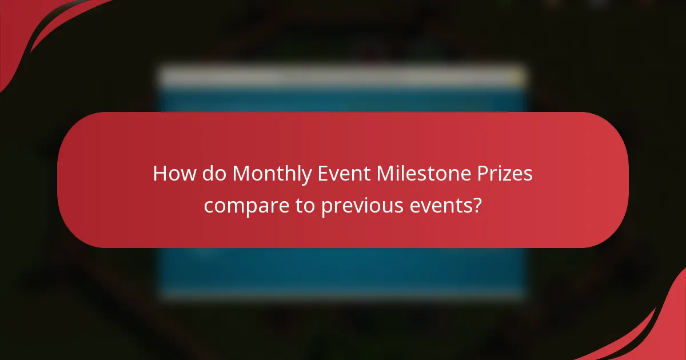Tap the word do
[x=215, y=174]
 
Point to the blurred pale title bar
[x=343, y=77]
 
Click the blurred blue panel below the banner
[x=343, y=271]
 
